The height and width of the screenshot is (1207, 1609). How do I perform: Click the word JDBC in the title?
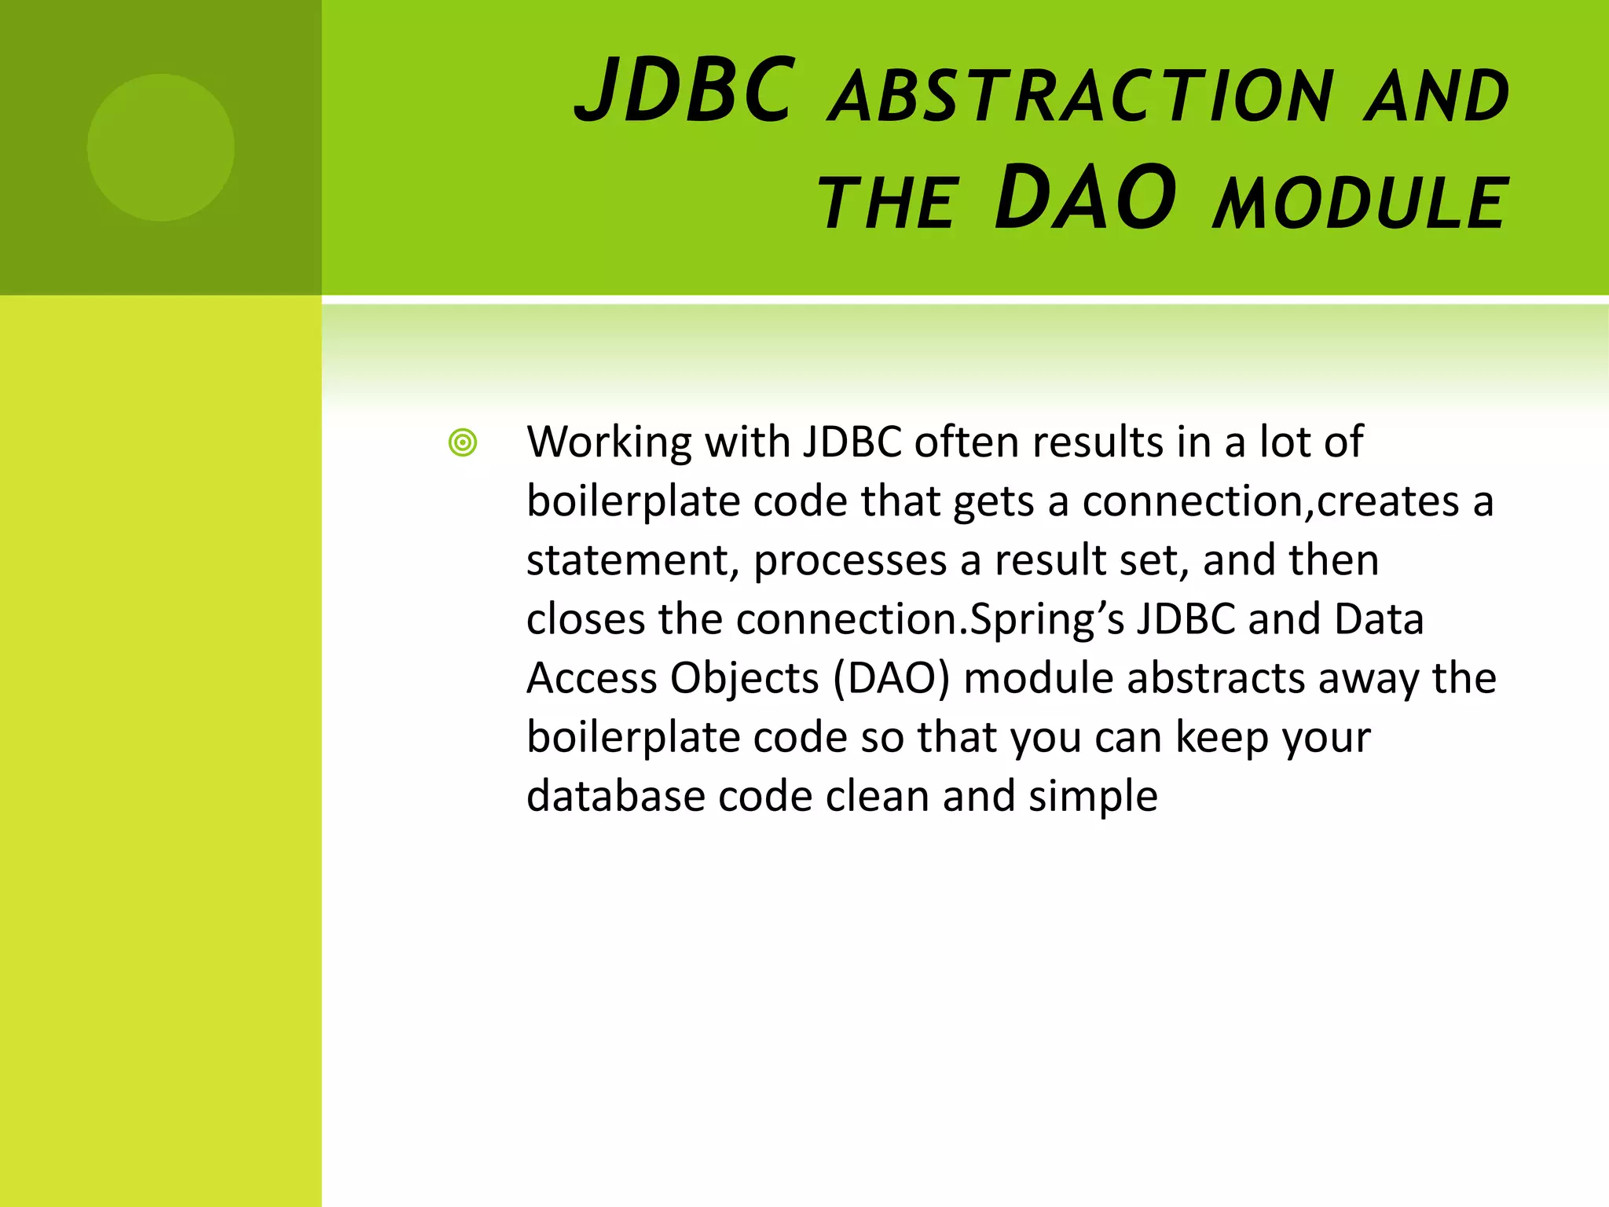684,93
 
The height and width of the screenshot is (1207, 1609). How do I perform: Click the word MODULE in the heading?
1359,204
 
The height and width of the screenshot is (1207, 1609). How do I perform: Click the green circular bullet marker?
463,443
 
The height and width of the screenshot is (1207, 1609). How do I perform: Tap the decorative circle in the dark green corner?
161,148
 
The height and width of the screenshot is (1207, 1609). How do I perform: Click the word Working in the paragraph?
609,443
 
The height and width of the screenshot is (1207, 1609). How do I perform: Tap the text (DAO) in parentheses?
891,679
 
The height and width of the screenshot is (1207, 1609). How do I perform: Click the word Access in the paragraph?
591,679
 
